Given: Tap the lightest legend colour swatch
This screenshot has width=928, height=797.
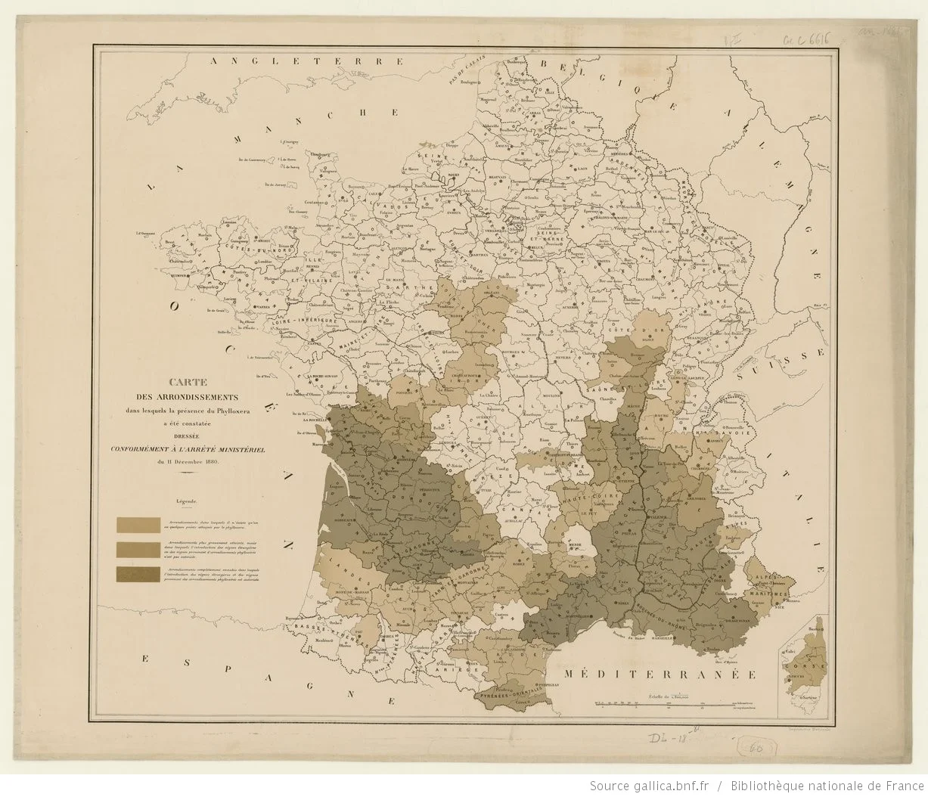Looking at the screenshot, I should click(x=138, y=525).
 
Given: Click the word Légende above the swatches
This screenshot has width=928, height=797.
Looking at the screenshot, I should click(x=186, y=501).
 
